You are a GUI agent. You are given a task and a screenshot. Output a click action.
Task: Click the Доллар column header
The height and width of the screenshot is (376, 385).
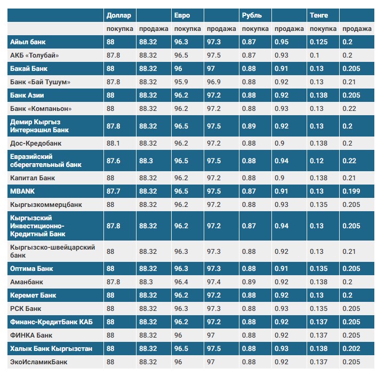pos(118,15)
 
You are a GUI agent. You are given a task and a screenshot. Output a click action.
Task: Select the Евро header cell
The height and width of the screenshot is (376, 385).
pos(182,15)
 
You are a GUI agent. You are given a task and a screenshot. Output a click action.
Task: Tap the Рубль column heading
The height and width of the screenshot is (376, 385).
pos(252,15)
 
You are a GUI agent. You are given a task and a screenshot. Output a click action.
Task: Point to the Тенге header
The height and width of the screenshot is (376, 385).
pos(319,15)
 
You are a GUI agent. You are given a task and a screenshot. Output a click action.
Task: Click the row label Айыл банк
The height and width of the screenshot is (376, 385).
pos(28,42)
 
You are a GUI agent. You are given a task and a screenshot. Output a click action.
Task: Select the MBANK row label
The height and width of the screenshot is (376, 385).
pos(22,191)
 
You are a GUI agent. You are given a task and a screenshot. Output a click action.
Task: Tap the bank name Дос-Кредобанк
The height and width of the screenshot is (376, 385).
pos(36,143)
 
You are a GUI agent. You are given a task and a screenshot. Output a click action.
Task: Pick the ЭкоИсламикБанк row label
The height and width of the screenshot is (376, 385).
pos(38,362)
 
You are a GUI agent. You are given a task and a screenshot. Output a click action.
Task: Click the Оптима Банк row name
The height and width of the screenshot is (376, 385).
pos(31,269)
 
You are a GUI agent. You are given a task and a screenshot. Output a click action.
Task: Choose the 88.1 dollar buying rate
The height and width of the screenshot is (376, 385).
pos(113,143)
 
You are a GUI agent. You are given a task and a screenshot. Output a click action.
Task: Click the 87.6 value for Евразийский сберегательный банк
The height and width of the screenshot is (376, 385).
pos(113,161)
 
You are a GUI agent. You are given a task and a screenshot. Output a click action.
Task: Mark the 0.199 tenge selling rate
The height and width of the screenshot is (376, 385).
pos(351,191)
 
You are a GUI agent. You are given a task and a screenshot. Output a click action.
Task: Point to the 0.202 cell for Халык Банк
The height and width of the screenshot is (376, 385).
pos(351,349)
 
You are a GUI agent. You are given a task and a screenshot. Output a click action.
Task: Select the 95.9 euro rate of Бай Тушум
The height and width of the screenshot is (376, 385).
pos(181,82)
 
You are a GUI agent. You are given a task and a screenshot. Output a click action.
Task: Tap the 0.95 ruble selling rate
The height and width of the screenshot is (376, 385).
pos(282,42)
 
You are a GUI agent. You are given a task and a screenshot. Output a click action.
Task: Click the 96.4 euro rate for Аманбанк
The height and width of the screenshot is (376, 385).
pos(181,282)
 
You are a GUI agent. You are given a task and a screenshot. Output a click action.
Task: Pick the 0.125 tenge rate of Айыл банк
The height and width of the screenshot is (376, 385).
pos(318,42)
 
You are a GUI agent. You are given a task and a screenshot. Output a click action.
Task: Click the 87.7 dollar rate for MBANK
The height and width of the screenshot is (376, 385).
pos(113,191)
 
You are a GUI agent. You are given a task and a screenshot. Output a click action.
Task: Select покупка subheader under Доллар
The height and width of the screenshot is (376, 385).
pos(120,29)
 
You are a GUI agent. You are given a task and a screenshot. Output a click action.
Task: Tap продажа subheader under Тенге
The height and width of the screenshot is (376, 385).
pos(357,29)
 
